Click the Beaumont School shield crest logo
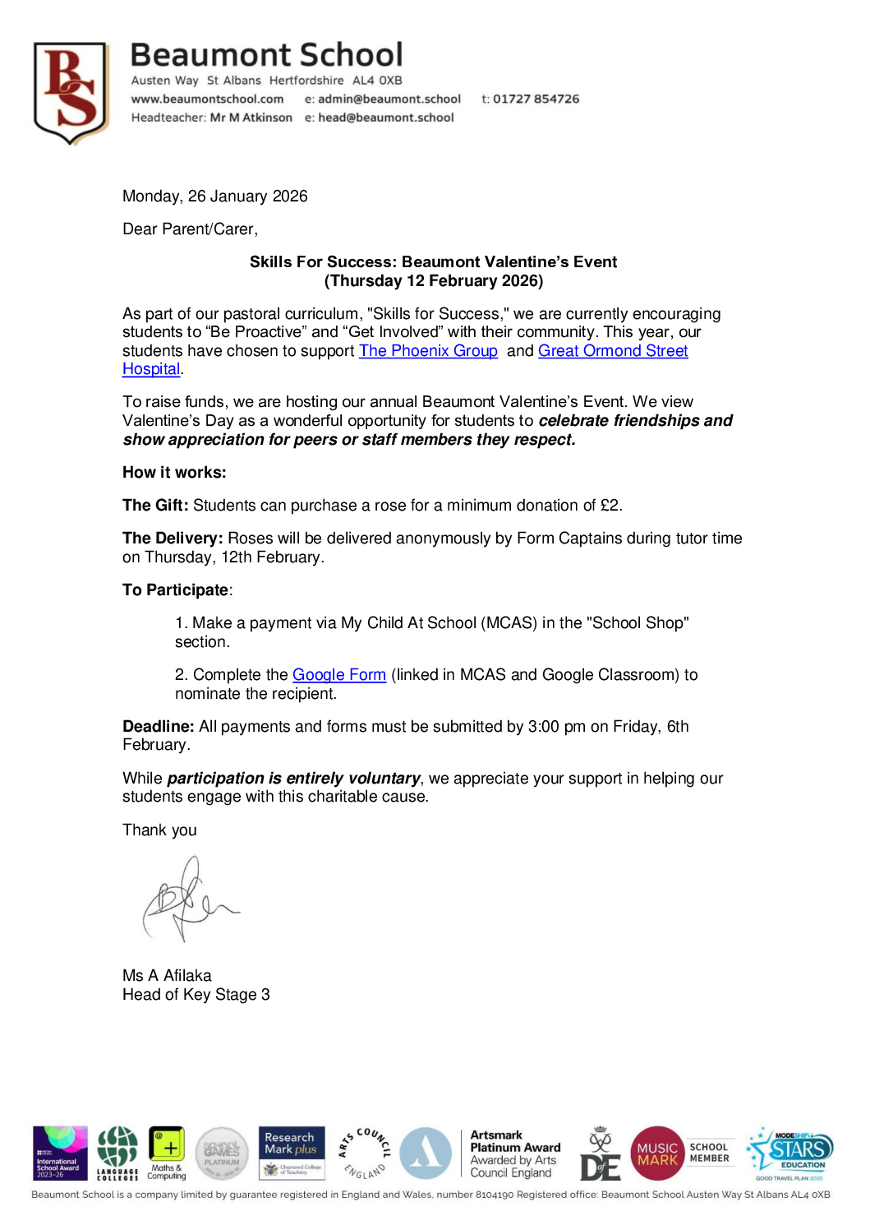point(71,92)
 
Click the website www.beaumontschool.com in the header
point(207,99)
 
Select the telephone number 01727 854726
point(536,99)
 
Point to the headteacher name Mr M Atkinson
point(251,118)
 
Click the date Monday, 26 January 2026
point(214,196)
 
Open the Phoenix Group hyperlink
point(428,351)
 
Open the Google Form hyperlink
point(338,675)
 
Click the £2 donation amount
point(610,506)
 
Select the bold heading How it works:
point(174,473)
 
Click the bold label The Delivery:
point(173,539)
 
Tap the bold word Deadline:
point(159,727)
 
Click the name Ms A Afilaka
point(167,976)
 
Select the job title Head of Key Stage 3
point(196,995)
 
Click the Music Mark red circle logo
point(657,1154)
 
